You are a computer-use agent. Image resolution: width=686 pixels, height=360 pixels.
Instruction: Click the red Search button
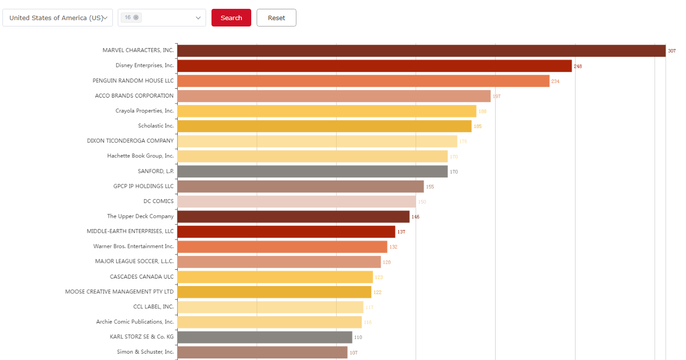pyautogui.click(x=231, y=18)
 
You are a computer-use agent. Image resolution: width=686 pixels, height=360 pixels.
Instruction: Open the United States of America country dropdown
pyautogui.click(x=57, y=18)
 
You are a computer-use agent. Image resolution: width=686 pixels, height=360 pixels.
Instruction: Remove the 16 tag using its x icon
pyautogui.click(x=136, y=18)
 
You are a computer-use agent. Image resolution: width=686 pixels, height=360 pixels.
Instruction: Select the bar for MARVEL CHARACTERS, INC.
pyautogui.click(x=421, y=51)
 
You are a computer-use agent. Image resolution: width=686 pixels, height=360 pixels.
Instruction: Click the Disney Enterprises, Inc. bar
pyautogui.click(x=374, y=66)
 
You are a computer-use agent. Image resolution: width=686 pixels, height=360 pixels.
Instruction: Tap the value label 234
pyautogui.click(x=555, y=81)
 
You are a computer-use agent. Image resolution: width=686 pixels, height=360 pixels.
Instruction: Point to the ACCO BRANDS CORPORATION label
pyautogui.click(x=134, y=96)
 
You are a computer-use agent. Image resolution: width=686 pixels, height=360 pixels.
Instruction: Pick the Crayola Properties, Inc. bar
pyautogui.click(x=326, y=111)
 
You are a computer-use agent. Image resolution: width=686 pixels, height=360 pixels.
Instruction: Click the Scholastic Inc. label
pyautogui.click(x=156, y=126)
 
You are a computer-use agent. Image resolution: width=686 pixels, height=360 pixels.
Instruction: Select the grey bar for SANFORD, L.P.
pyautogui.click(x=312, y=171)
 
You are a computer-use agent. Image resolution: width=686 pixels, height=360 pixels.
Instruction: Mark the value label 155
pyautogui.click(x=430, y=187)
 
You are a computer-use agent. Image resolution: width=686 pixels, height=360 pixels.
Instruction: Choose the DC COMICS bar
pyautogui.click(x=296, y=202)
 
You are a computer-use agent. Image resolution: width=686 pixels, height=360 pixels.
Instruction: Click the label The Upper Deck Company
pyautogui.click(x=140, y=216)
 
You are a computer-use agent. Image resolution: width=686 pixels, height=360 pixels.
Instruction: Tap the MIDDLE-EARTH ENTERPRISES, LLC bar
pyautogui.click(x=286, y=231)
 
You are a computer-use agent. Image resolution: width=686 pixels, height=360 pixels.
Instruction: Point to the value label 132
pyautogui.click(x=394, y=247)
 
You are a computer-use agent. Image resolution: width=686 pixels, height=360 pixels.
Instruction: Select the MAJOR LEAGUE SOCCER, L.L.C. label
pyautogui.click(x=134, y=261)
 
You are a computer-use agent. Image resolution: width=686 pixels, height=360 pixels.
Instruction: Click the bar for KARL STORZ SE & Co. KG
pyautogui.click(x=264, y=337)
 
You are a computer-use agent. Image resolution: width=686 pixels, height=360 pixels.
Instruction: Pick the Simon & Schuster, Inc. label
pyautogui.click(x=145, y=352)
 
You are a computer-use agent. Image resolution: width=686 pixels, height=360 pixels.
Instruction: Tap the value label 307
pyautogui.click(x=672, y=51)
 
